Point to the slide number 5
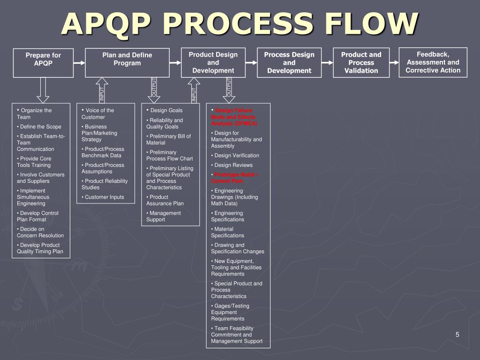(457, 335)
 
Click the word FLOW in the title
(371, 24)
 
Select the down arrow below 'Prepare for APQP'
(43, 90)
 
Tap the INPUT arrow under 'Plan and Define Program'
(102, 90)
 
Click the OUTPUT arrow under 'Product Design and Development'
(229, 90)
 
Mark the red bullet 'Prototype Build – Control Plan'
(235, 178)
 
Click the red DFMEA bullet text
(234, 117)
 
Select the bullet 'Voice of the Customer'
(97, 113)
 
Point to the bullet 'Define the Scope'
(39, 127)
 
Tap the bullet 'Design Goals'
(165, 111)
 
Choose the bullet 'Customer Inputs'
(103, 197)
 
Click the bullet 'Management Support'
(164, 217)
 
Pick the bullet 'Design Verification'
(235, 156)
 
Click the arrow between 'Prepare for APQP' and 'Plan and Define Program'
(79, 63)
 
